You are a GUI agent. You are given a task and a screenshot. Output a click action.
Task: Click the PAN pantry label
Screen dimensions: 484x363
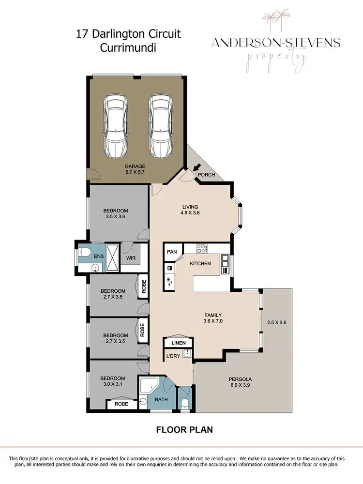point(172,252)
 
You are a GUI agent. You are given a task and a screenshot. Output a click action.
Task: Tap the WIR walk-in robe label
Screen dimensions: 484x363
point(131,258)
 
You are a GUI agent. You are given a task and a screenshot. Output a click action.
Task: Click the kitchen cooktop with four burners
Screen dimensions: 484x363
point(202,249)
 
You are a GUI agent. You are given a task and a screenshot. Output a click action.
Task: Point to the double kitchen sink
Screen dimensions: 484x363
point(225,264)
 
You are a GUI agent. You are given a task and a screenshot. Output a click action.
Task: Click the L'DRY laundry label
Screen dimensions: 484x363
point(173,357)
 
